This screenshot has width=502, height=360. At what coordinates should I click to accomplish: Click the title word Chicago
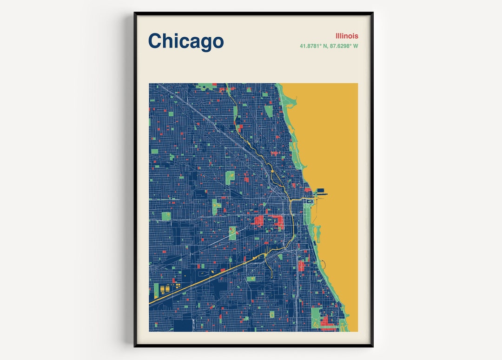tap(186, 41)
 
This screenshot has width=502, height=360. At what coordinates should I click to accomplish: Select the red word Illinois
tap(347, 36)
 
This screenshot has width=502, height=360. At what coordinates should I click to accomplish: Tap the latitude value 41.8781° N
tap(314, 46)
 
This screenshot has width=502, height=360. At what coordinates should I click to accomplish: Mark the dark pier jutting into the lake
tap(322, 192)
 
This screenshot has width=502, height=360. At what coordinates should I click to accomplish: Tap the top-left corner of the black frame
tap(135, 13)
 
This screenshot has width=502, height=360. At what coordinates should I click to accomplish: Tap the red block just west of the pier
tap(308, 190)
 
